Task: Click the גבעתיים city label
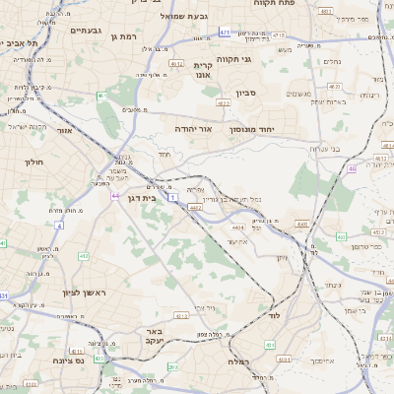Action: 87,31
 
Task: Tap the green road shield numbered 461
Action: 100,96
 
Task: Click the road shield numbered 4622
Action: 223,101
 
